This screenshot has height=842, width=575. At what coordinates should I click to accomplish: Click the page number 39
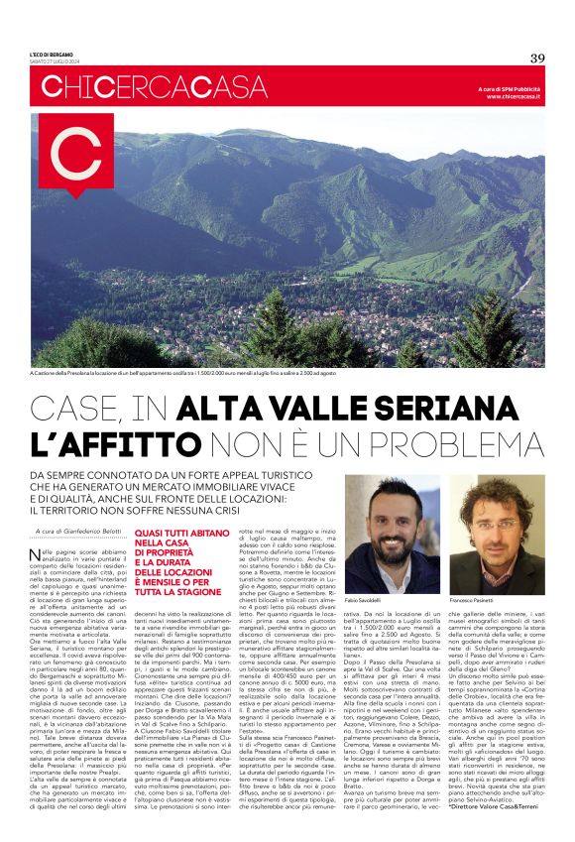(x=537, y=58)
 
